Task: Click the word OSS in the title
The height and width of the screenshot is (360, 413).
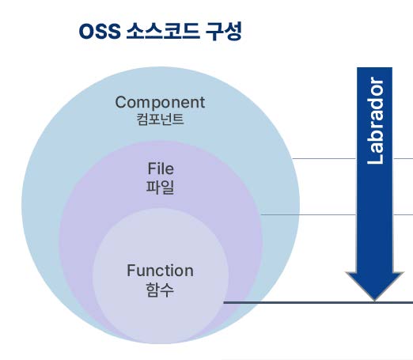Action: (100, 32)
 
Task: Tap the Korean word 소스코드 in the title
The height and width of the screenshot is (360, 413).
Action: (163, 32)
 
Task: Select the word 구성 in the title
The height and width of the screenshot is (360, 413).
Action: (224, 32)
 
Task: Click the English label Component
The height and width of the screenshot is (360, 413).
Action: (160, 102)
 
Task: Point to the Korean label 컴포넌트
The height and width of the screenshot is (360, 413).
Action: (160, 119)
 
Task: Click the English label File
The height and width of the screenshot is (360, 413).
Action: (161, 169)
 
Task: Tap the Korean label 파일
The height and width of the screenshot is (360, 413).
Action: (160, 188)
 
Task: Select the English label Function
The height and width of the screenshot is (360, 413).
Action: (160, 271)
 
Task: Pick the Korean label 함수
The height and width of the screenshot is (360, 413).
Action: (160, 290)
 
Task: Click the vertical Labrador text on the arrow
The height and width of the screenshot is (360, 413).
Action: (375, 120)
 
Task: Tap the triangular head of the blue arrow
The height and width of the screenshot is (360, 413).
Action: (375, 286)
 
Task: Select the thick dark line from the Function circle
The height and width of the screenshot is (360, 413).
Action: (318, 302)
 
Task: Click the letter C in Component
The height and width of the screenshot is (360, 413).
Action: (121, 102)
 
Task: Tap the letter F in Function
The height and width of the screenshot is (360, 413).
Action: (131, 271)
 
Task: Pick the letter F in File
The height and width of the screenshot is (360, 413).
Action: (152, 169)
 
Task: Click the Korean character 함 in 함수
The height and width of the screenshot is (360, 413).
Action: (153, 290)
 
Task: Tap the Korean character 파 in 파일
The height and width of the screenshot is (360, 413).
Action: (153, 188)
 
